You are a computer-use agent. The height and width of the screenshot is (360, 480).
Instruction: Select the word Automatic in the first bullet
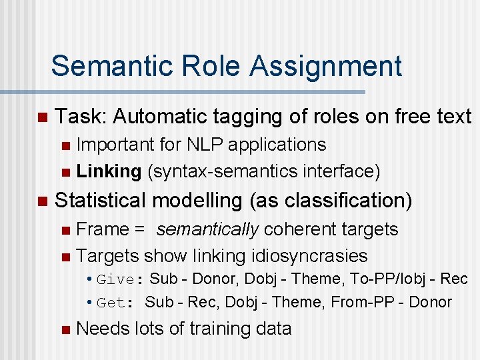[x=163, y=117]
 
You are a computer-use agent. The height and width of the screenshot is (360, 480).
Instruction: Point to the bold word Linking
[x=109, y=172]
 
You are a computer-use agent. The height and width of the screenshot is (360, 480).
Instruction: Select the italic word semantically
[x=207, y=229]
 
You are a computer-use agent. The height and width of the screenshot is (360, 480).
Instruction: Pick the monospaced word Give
[x=115, y=279]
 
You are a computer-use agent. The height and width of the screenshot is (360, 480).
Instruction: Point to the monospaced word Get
[x=111, y=303]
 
